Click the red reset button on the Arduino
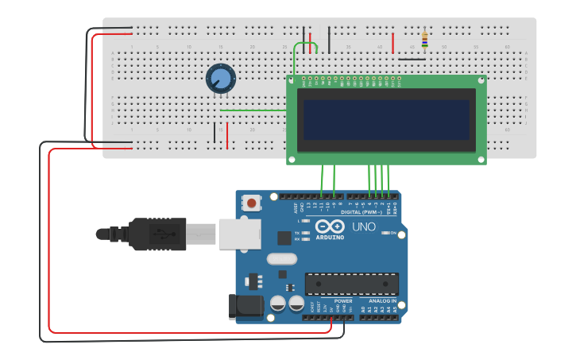[252, 203]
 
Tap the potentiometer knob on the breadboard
[221, 79]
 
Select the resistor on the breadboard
[425, 38]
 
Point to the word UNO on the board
[364, 226]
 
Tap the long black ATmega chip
[352, 284]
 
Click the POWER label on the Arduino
[343, 301]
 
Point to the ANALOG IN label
[382, 301]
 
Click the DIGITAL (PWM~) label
[361, 212]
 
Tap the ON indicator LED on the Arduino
[392, 233]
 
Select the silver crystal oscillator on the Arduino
[281, 258]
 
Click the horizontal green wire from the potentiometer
[253, 110]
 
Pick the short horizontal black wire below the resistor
[412, 59]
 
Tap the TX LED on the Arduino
[306, 233]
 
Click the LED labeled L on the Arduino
[306, 220]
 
